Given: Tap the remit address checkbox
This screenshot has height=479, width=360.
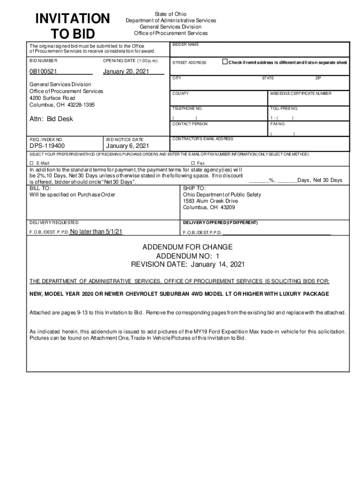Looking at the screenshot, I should [x=225, y=62].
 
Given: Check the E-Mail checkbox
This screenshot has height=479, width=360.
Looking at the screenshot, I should [x=32, y=163].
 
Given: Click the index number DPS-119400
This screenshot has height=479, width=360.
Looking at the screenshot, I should [x=47, y=146].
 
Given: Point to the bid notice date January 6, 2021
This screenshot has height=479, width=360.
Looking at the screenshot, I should [x=128, y=146].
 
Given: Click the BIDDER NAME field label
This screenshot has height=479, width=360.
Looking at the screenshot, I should [x=186, y=44].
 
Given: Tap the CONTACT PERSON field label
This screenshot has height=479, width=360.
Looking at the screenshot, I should [x=190, y=124].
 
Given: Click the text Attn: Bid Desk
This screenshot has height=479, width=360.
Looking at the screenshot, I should [x=51, y=119].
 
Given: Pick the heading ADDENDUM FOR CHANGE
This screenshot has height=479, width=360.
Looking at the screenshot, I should [x=187, y=247].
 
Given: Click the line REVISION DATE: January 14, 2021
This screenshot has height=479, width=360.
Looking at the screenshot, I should [x=187, y=265].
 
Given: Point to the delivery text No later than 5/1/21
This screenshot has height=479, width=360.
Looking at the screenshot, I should [x=96, y=231].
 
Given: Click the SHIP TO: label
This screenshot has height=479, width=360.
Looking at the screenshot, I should [x=194, y=188].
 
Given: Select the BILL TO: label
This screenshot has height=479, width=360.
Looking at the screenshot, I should [x=40, y=188].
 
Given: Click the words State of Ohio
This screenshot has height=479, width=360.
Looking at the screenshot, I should [x=171, y=14].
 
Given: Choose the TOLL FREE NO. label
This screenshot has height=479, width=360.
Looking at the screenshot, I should [x=284, y=108].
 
